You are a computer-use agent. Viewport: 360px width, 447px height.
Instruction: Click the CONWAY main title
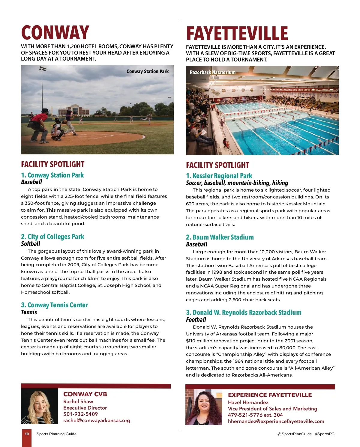point(55,32)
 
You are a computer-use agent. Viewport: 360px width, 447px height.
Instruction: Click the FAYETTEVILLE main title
point(237,33)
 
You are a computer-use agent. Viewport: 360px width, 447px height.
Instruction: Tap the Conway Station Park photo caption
point(147,71)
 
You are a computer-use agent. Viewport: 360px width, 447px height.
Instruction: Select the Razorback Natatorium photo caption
point(212,72)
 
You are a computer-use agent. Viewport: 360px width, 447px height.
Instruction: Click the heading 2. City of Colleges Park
point(52,237)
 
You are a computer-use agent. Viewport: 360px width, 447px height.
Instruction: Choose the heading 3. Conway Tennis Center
point(54,305)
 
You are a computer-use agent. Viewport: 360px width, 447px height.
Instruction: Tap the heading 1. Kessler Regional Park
point(219,176)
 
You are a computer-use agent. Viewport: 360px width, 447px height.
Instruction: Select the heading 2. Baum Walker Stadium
point(220,237)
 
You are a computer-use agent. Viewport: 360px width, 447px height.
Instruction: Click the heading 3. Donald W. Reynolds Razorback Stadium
point(244,312)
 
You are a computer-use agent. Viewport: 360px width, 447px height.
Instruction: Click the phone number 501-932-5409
point(80,414)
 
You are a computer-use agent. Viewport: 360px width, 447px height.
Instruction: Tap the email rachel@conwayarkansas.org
point(97,420)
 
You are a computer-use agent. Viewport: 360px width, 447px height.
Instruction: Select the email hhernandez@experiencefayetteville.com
point(276,421)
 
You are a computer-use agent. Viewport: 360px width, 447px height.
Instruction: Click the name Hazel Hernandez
point(248,402)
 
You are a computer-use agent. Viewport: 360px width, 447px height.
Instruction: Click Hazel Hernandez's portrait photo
point(204,407)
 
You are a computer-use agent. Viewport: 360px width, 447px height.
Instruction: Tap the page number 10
point(27,434)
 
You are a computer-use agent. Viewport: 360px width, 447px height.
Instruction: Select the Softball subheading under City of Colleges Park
point(31,244)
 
